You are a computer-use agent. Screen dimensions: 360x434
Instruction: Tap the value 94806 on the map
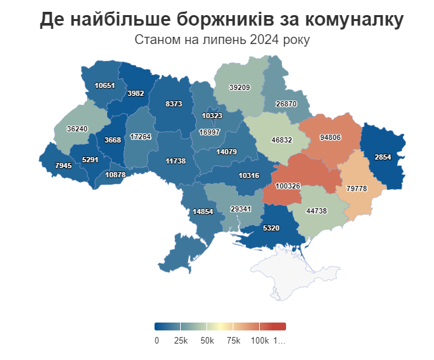tap(330, 137)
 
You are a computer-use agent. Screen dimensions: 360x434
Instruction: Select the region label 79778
tap(356, 189)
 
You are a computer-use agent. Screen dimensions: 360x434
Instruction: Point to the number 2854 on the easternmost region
tap(383, 158)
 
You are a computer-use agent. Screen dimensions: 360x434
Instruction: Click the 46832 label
tap(281, 141)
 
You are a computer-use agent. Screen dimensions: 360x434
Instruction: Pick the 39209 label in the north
tap(239, 87)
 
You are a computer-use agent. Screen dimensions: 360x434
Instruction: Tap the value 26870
tap(286, 104)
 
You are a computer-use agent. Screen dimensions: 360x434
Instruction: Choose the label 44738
tap(316, 211)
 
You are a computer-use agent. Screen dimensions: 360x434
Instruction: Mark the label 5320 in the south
tap(271, 228)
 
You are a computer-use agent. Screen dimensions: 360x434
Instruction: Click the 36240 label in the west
tap(78, 129)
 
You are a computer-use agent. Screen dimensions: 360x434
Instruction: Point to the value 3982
tap(135, 93)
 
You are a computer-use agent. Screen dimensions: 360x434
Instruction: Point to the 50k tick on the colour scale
tap(208, 340)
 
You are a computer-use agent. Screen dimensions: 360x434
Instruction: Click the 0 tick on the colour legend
tap(157, 340)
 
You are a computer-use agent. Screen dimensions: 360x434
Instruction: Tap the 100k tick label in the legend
tap(259, 340)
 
